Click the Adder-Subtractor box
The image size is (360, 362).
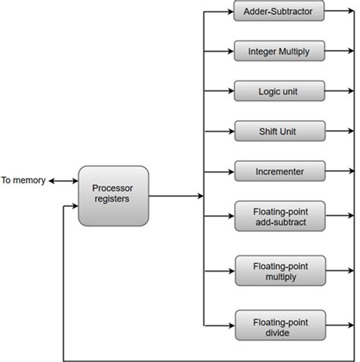coord(279,12)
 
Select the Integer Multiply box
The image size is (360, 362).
coord(279,52)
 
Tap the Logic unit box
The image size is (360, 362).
coord(279,91)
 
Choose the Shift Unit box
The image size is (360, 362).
coord(279,132)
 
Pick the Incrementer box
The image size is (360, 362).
coord(279,171)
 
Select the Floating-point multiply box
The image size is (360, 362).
coord(279,270)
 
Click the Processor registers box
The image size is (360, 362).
coord(112,195)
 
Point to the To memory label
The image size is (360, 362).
coord(24,181)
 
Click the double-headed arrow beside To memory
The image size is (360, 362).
coord(63,181)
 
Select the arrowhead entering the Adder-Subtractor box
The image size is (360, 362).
coord(229,12)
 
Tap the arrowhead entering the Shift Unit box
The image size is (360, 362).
coord(229,132)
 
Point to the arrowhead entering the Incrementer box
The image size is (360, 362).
coord(229,171)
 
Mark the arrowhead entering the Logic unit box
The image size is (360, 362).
coord(229,91)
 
